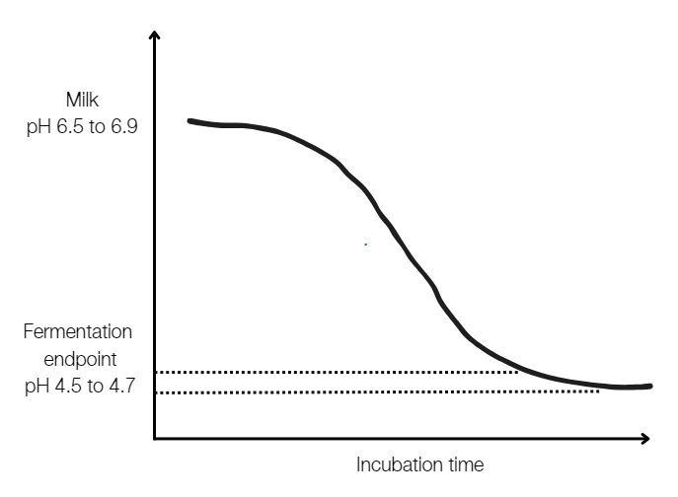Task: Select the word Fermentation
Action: [78, 331]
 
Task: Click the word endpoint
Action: [78, 358]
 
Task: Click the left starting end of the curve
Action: [188, 120]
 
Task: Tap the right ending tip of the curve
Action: [650, 386]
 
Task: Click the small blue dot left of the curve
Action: [364, 244]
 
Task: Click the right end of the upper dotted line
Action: [519, 372]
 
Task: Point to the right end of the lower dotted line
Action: [598, 392]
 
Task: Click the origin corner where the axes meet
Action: [154, 438]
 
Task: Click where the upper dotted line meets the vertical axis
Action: [155, 372]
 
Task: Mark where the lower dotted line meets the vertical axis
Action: [155, 392]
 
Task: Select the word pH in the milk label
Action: [39, 126]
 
